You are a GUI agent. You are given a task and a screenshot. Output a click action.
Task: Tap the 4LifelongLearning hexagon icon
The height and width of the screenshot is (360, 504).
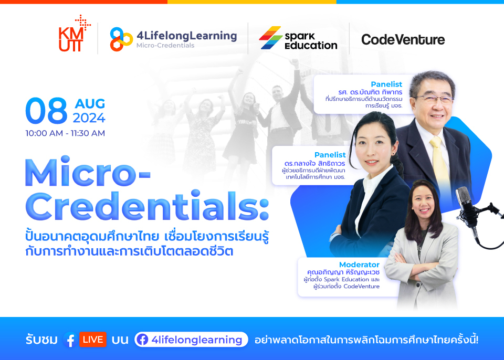pyautogui.click(x=121, y=39)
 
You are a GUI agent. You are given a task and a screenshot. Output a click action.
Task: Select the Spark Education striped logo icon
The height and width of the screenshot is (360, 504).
pyautogui.click(x=270, y=38)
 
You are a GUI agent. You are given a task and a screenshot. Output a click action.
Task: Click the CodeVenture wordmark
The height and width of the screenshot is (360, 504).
pyautogui.click(x=403, y=39)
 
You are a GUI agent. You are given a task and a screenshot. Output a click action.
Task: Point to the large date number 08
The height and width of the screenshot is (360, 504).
pyautogui.click(x=46, y=111)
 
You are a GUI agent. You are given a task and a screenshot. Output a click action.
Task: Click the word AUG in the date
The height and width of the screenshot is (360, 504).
pyautogui.click(x=89, y=103)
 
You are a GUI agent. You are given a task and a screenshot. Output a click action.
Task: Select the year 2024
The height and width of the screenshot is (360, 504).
pyautogui.click(x=89, y=118)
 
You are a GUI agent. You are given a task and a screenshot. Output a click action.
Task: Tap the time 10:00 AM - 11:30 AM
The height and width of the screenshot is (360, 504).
pyautogui.click(x=65, y=133)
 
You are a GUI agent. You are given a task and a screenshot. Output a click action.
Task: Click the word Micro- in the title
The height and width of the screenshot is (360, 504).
pyautogui.click(x=88, y=171)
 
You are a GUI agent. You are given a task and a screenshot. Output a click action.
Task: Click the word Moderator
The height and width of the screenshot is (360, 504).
pyautogui.click(x=359, y=264)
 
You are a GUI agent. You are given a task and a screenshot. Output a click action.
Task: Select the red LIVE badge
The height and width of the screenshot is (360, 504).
pyautogui.click(x=93, y=340)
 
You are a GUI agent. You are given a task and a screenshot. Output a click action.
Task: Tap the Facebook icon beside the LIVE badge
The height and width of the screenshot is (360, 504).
pyautogui.click(x=69, y=340)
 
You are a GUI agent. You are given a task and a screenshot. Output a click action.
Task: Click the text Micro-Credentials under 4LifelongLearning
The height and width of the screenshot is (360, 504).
pyautogui.click(x=165, y=46)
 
